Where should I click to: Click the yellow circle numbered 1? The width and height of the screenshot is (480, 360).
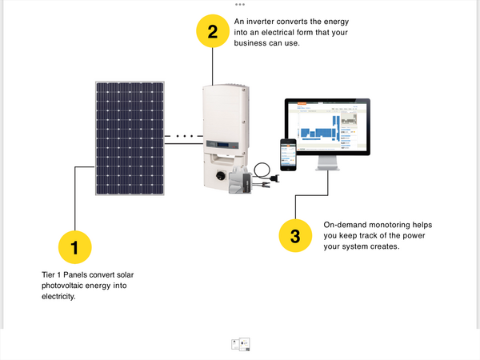(x=74, y=248)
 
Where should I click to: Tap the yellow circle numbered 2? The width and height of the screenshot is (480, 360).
(x=212, y=32)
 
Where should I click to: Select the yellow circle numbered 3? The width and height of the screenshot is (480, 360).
(x=295, y=236)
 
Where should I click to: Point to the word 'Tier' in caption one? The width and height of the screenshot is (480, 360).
(x=50, y=275)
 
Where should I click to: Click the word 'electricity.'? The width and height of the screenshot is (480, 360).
(x=58, y=296)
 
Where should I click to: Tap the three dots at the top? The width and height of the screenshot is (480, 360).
(x=240, y=4)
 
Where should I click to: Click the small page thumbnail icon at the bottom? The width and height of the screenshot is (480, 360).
(x=240, y=344)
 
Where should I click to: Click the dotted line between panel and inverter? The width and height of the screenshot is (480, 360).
(x=185, y=138)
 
